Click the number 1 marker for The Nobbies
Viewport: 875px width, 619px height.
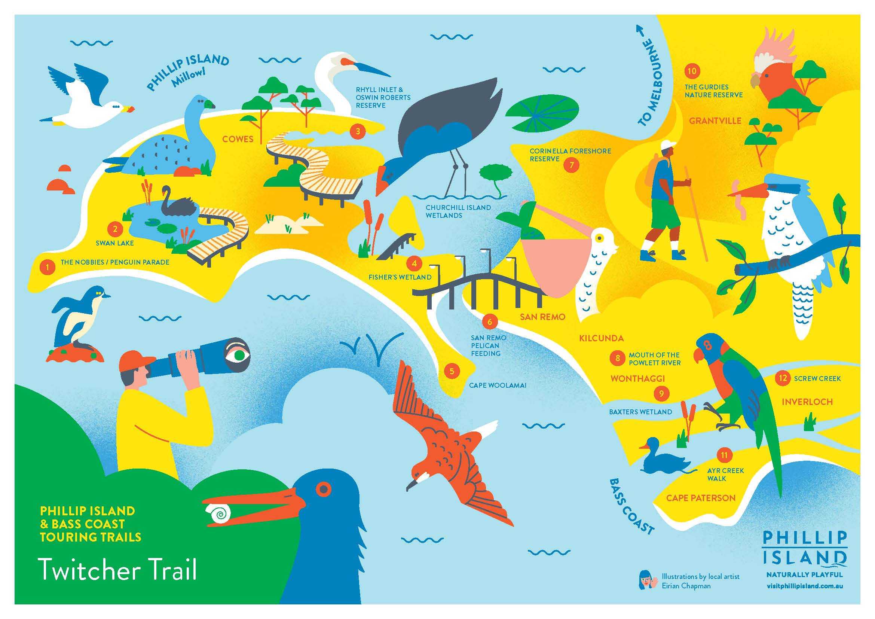point(47,267)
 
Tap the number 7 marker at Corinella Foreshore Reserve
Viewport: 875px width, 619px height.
point(571,165)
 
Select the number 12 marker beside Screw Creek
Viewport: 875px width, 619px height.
point(782,378)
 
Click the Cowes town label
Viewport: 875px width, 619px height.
point(238,139)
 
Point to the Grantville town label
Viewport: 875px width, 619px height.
point(715,121)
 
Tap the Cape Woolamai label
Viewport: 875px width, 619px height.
point(497,385)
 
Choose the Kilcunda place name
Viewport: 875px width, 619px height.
point(601,338)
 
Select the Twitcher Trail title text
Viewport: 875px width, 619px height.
point(118,570)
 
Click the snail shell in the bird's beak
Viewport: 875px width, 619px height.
point(218,513)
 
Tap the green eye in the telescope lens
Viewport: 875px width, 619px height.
point(239,355)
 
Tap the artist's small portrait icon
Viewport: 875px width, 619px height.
point(646,580)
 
